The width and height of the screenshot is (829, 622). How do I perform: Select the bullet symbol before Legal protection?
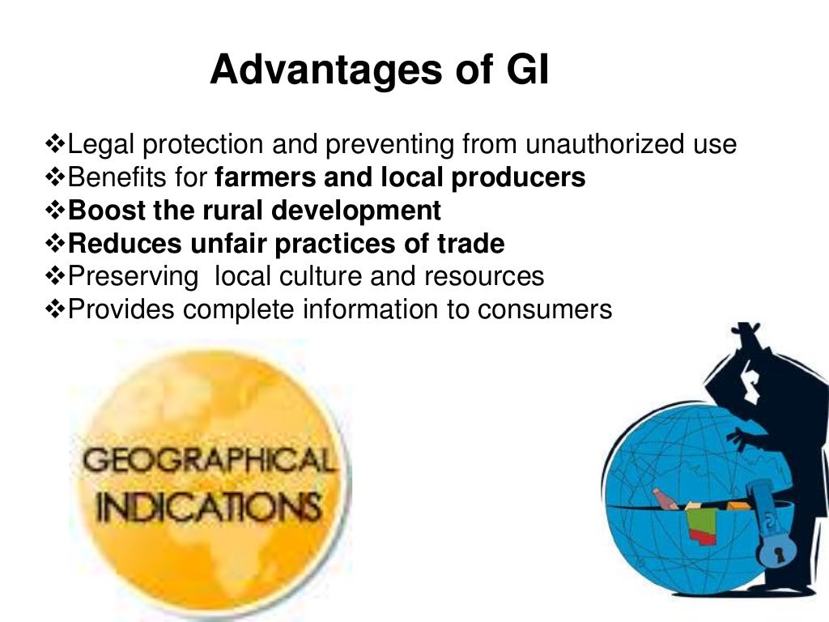(55, 145)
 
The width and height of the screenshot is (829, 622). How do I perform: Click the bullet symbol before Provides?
(55, 309)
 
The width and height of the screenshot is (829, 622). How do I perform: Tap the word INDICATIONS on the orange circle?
(206, 509)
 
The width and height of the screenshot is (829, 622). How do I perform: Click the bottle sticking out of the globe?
(664, 497)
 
